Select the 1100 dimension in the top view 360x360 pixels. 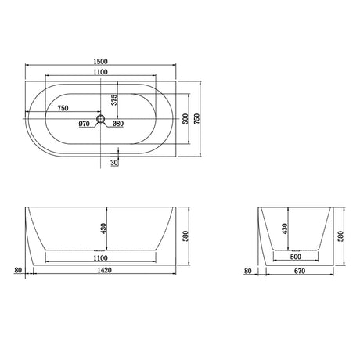(99, 72)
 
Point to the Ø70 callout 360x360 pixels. (85, 124)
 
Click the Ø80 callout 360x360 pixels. (117, 124)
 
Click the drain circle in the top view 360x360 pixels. (100, 119)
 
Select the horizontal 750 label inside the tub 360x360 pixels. (65, 109)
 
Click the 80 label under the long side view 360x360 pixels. (17, 272)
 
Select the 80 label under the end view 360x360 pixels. (248, 272)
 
